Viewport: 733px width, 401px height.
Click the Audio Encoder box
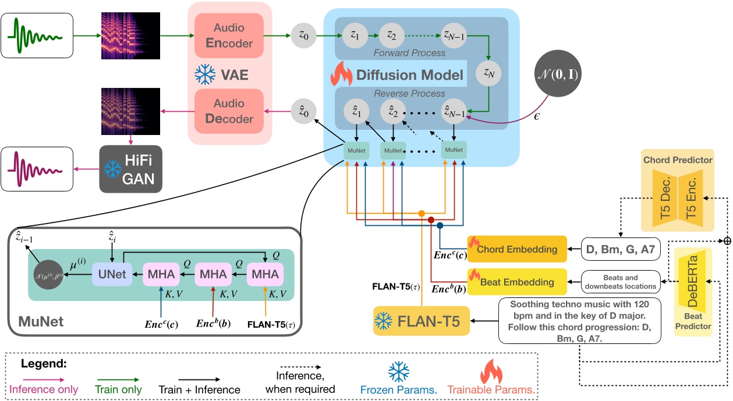[x=229, y=36]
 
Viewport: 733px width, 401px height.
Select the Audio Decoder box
[x=229, y=111]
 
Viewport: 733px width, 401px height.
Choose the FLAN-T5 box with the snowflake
[x=422, y=321]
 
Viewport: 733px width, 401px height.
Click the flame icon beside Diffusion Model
[x=342, y=75]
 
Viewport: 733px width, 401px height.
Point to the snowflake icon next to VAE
[x=204, y=74]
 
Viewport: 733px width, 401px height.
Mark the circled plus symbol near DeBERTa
[x=726, y=240]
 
